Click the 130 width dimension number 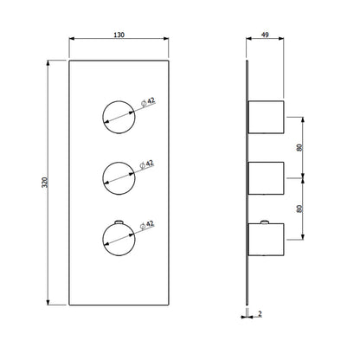coord(119,35)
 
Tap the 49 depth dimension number coord(266,35)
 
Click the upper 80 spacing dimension coord(298,148)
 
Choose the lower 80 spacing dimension coord(298,209)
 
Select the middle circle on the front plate coord(119,176)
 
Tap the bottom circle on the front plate coord(119,236)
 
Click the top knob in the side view coord(266,117)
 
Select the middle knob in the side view coord(266,177)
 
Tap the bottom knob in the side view coord(266,239)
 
